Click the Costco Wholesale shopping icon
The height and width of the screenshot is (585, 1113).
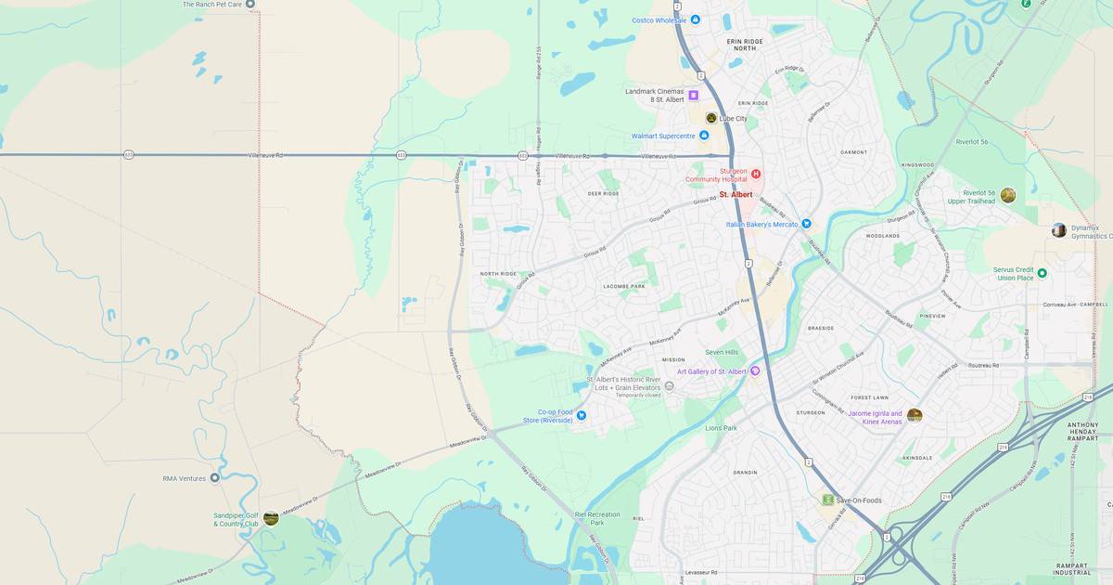[x=696, y=19]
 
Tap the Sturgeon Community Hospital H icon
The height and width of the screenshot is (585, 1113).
[x=756, y=174]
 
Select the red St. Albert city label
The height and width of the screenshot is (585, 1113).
[x=736, y=194]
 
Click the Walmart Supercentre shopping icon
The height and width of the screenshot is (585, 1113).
[x=704, y=136]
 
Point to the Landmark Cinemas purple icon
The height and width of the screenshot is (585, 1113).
[x=693, y=95]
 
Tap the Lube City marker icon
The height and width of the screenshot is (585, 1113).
[x=711, y=118]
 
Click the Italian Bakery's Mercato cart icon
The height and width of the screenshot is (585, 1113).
[x=806, y=224]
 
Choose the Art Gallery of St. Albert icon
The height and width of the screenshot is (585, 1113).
[x=755, y=371]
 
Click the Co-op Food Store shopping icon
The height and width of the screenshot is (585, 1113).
[x=582, y=415]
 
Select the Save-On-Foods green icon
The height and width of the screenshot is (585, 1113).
[x=827, y=500]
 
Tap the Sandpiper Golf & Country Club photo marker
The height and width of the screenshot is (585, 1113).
[x=271, y=518]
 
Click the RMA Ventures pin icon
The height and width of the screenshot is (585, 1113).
[x=215, y=478]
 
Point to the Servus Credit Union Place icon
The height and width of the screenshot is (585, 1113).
[x=1042, y=273]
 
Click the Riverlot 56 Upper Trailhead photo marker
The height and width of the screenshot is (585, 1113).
[x=1008, y=195]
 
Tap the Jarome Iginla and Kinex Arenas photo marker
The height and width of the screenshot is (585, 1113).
[x=915, y=415]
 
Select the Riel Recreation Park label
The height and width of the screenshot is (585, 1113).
[x=596, y=517]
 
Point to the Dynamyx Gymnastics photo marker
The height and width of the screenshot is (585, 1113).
[x=1058, y=230]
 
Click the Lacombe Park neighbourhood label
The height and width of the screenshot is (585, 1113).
[x=623, y=287]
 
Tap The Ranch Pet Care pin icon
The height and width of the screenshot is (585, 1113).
[x=249, y=5]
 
